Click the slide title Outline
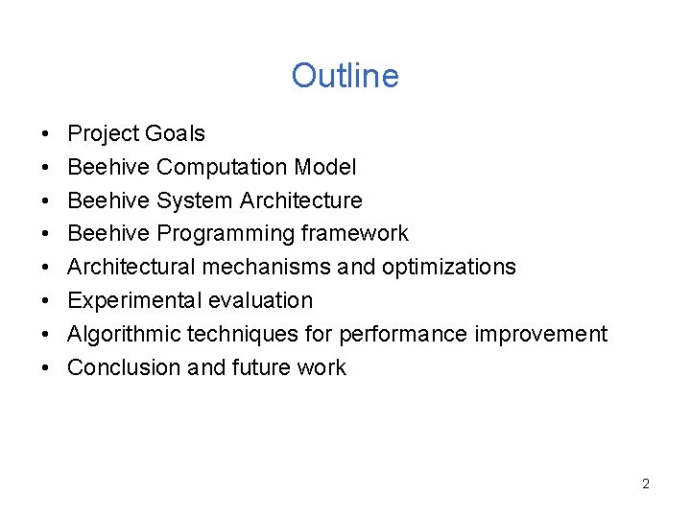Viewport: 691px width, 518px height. click(345, 76)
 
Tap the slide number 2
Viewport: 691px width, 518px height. click(645, 483)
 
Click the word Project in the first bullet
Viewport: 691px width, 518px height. click(99, 134)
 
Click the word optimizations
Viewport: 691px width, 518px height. click(448, 268)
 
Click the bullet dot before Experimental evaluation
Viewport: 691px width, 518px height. click(46, 301)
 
